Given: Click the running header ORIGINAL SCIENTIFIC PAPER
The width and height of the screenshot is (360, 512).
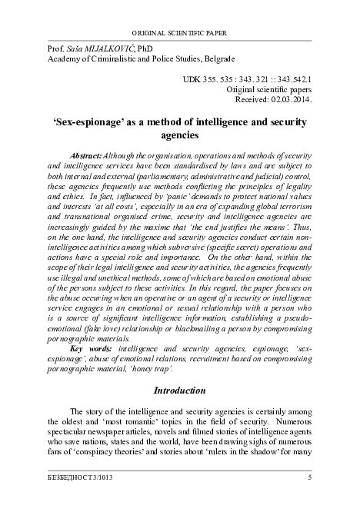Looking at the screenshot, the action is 180,34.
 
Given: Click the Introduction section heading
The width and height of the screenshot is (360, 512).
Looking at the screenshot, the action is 180,391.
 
